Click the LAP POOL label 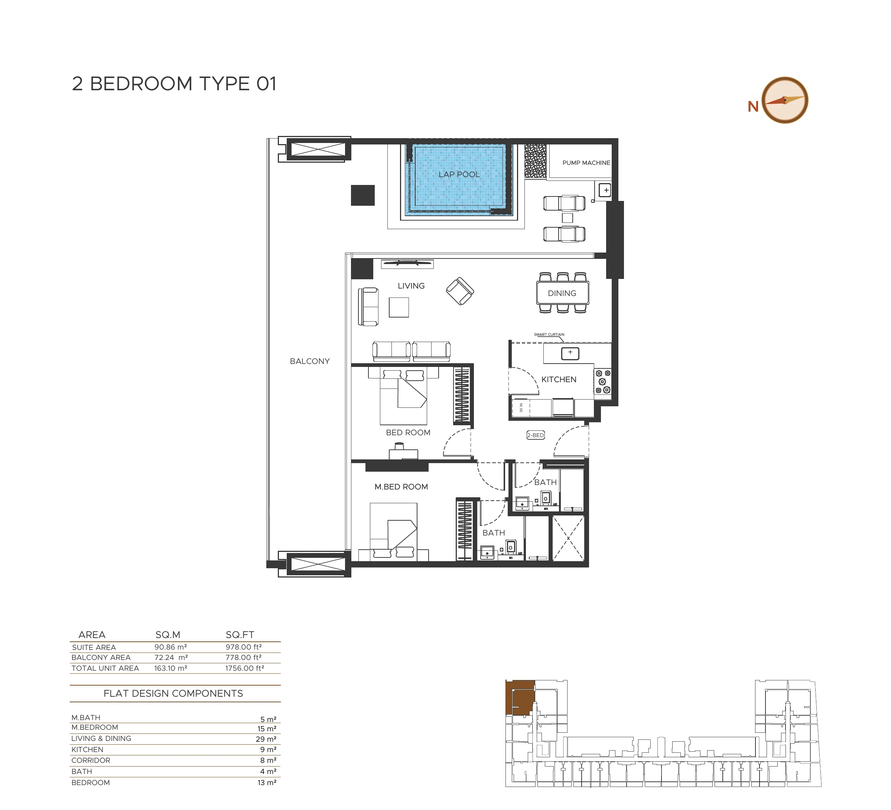[459, 175]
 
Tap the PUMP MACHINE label [586, 163]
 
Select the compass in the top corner [786, 100]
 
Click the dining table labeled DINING [562, 293]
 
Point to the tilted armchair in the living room [460, 291]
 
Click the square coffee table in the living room [399, 307]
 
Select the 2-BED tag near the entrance [535, 435]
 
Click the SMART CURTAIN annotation [549, 335]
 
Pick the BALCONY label [310, 361]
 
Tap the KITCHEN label [559, 380]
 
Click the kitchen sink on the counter [570, 353]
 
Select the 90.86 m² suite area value [170, 647]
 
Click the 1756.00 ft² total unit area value [245, 669]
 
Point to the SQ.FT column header [240, 635]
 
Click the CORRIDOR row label [91, 761]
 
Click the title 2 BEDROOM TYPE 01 [174, 84]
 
